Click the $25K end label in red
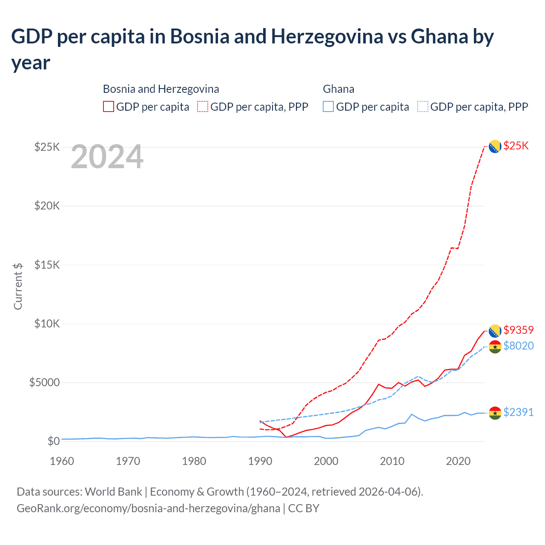(x=516, y=146)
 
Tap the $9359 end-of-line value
(x=519, y=330)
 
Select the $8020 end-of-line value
(x=519, y=346)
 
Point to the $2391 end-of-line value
(x=519, y=412)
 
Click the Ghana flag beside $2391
(x=495, y=413)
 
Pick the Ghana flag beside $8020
(x=495, y=347)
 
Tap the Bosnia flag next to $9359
(x=495, y=331)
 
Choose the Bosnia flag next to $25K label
(x=495, y=146)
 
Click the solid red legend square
(x=109, y=106)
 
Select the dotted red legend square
(x=203, y=106)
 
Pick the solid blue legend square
(x=328, y=106)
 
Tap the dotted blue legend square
(x=423, y=106)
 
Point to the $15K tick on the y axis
(x=47, y=265)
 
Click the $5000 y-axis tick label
(x=44, y=382)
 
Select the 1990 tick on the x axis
(x=260, y=461)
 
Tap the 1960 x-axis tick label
(x=62, y=461)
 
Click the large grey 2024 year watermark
(x=107, y=157)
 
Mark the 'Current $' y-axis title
(x=18, y=286)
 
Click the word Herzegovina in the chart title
(x=327, y=37)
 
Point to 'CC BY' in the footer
(x=304, y=508)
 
